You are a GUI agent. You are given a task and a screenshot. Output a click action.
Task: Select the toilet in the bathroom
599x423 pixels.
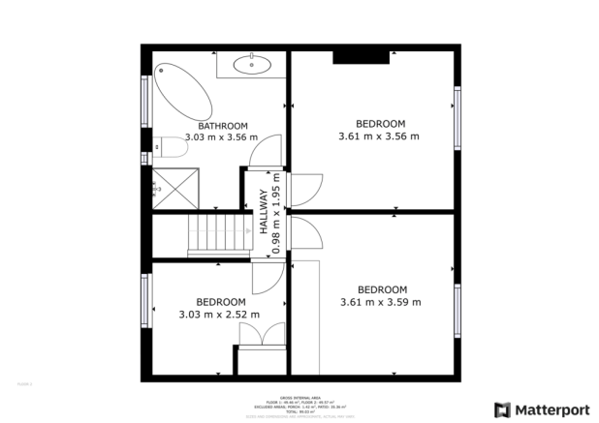pyautogui.click(x=172, y=147)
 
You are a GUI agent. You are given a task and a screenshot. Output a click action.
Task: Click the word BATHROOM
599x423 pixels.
pyautogui.click(x=223, y=126)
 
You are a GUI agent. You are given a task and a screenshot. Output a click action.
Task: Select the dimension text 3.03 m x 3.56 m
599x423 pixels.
pyautogui.click(x=223, y=137)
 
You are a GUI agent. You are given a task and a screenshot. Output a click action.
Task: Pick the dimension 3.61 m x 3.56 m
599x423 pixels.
pyautogui.click(x=379, y=136)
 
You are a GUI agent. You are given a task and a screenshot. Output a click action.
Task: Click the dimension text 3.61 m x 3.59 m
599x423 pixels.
pyautogui.click(x=381, y=302)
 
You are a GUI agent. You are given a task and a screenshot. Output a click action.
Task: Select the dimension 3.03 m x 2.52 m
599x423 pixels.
pyautogui.click(x=219, y=314)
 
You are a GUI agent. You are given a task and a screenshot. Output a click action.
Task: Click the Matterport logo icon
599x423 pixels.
pyautogui.click(x=501, y=409)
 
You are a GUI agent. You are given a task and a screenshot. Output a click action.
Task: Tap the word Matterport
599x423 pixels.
pyautogui.click(x=550, y=409)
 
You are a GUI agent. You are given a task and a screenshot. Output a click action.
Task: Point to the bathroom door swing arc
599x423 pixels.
pyautogui.click(x=264, y=151)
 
